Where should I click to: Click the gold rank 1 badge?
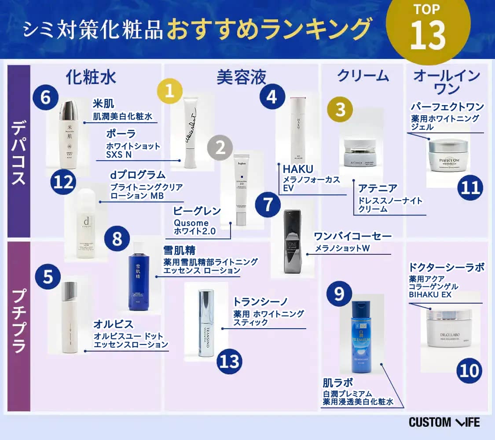pyautogui.click(x=170, y=91)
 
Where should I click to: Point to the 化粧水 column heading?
pyautogui.click(x=91, y=77)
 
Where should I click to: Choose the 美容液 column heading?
pyautogui.click(x=242, y=77)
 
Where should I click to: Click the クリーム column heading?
pyautogui.click(x=363, y=76)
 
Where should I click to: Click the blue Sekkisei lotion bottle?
pyautogui.click(x=139, y=278)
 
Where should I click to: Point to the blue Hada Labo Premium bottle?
pyautogui.click(x=362, y=334)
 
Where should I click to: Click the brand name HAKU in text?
pyautogui.click(x=298, y=169)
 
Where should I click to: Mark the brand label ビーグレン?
pyautogui.click(x=197, y=211)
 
